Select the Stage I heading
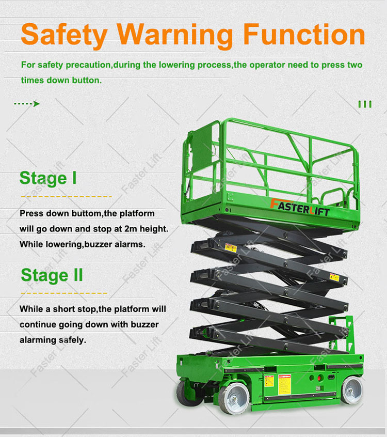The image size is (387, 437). (48, 178)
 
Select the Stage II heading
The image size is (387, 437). (52, 275)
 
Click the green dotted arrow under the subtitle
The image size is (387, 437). (27, 104)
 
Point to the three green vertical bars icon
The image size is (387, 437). (365, 104)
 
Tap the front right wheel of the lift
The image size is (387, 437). (353, 390)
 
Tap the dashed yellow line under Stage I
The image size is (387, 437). (66, 197)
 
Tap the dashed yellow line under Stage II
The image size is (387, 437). (63, 293)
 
